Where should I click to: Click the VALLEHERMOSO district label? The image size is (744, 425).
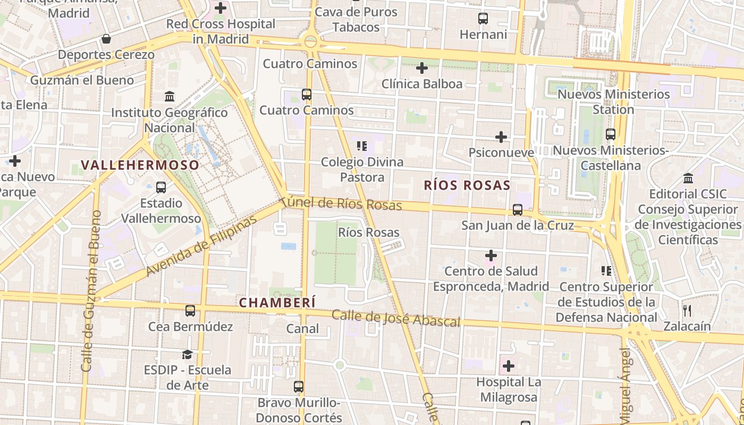[140, 165]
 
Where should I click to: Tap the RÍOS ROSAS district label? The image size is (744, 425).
[467, 185]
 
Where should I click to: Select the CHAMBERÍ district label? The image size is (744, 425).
[277, 303]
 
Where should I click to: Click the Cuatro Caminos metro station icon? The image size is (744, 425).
[307, 95]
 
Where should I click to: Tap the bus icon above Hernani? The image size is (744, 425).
[483, 19]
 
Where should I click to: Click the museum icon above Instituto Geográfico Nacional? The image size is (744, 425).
[170, 96]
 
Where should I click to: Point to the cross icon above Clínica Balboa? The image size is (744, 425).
[422, 68]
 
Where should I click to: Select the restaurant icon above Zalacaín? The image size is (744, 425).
[687, 310]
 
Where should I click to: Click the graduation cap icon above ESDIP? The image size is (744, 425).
[187, 354]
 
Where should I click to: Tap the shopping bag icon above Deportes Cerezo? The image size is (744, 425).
[106, 39]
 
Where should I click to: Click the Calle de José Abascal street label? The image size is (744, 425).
[396, 318]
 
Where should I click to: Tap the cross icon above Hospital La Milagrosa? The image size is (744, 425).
[509, 366]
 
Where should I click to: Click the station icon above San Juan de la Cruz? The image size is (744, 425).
[518, 210]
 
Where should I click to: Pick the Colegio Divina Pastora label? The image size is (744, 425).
[362, 169]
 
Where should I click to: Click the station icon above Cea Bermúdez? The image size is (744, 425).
[190, 311]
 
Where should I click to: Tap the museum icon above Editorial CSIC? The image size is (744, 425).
[688, 178]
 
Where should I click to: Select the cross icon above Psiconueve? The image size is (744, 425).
[501, 137]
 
